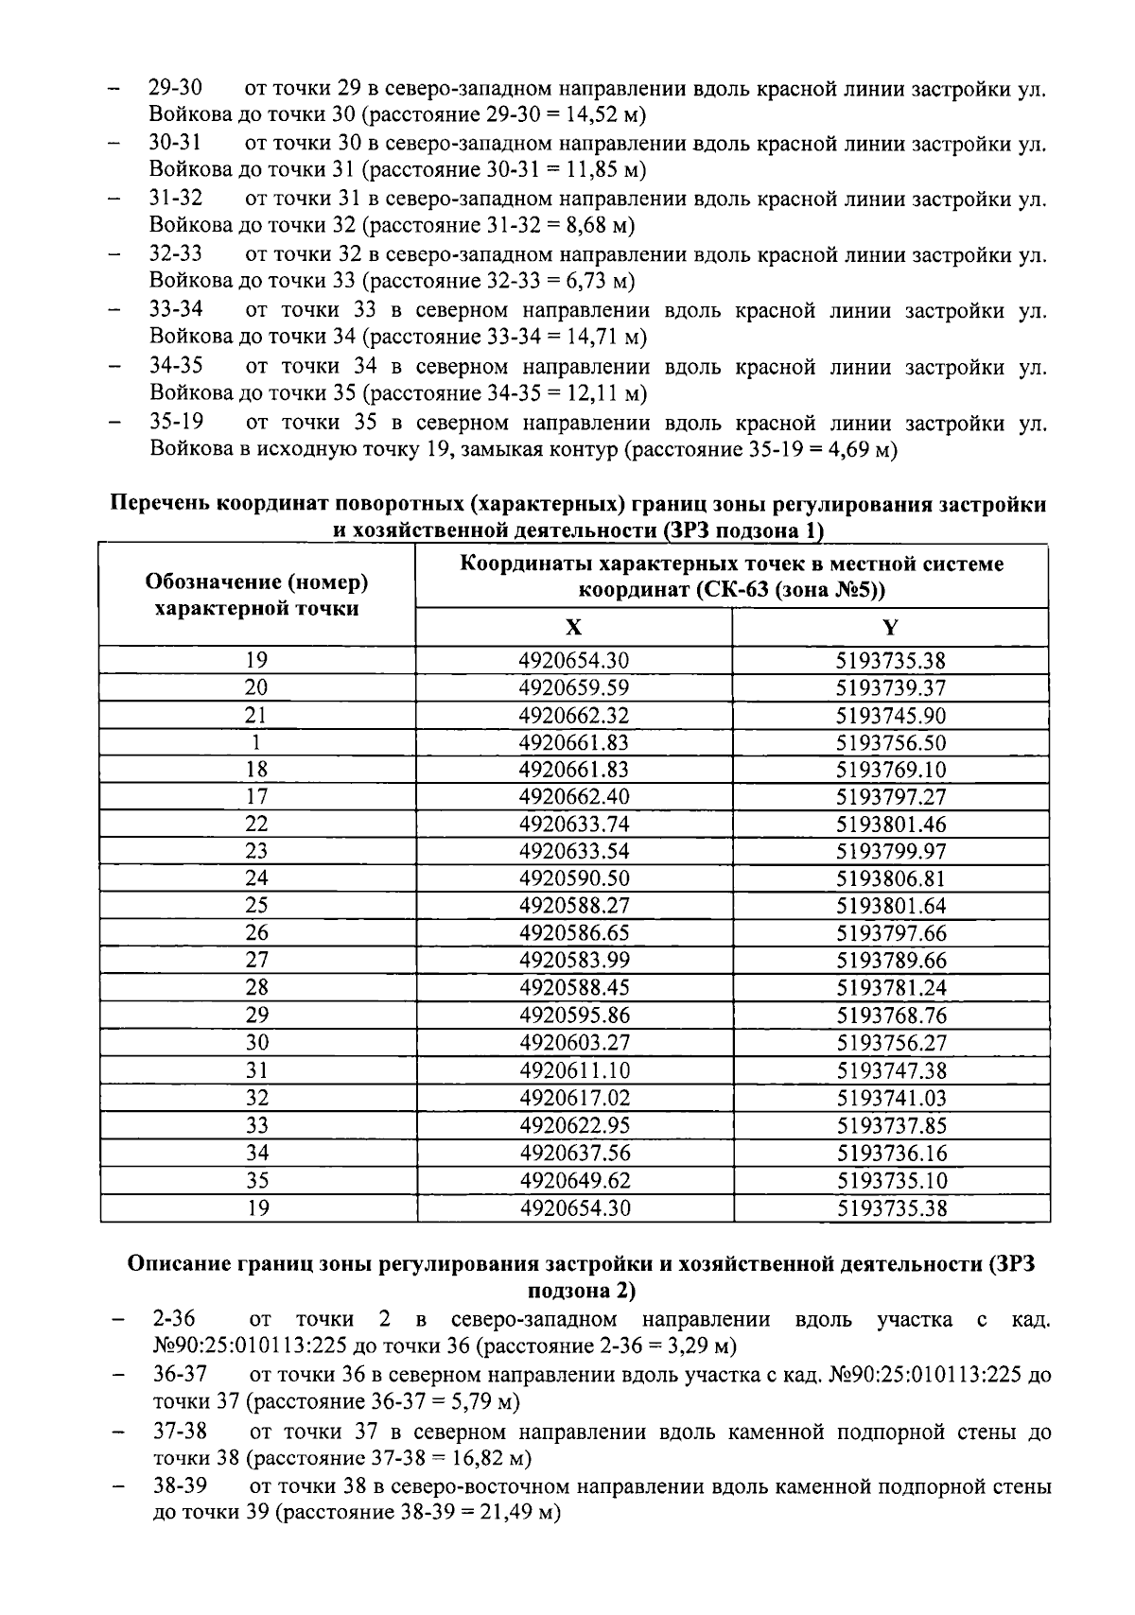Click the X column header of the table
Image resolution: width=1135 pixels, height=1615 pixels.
tap(573, 627)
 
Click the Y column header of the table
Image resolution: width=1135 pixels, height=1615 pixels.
tap(890, 627)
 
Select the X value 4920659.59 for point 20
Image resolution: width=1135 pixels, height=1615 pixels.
tap(573, 687)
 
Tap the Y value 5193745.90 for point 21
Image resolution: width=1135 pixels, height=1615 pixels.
tap(890, 715)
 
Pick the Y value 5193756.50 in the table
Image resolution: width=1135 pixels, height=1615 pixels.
tap(890, 742)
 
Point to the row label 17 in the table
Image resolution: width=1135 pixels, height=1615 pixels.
tap(256, 797)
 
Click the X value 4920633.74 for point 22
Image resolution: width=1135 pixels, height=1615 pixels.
tap(573, 825)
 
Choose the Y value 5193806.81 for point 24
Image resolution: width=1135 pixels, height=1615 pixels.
tap(890, 878)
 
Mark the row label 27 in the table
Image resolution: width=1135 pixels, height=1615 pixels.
tap(256, 961)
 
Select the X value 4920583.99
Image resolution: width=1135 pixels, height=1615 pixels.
tap(573, 961)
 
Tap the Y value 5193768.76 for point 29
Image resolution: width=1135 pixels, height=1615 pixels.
tap(890, 1016)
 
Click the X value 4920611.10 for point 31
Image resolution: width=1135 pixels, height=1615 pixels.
tap(573, 1070)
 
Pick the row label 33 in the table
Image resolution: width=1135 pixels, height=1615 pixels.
tap(256, 1125)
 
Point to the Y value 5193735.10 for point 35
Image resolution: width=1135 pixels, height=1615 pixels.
tap(890, 1180)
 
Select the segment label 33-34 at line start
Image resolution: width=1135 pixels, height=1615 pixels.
tap(176, 310)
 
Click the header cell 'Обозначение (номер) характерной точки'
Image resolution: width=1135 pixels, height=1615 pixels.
tap(256, 595)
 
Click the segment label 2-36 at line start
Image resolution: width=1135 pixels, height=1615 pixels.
tap(174, 1319)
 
